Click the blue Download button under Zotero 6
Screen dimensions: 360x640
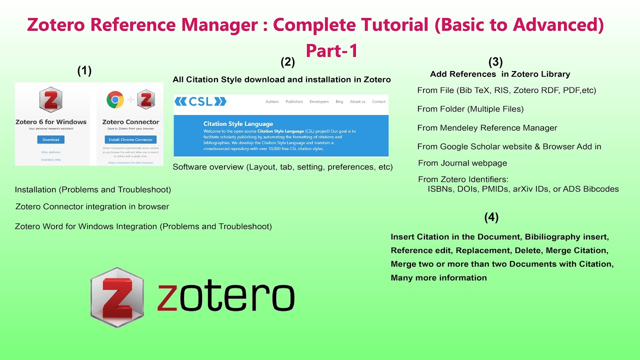tap(50, 139)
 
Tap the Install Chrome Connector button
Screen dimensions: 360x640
tap(130, 139)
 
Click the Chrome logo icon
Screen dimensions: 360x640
tap(115, 100)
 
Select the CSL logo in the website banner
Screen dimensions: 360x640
tap(200, 101)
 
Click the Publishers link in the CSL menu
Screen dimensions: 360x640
tap(294, 101)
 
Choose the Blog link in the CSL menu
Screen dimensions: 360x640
tap(339, 101)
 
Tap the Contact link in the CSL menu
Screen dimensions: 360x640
tap(378, 101)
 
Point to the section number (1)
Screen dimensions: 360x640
tap(84, 71)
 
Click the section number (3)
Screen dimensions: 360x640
tap(495, 62)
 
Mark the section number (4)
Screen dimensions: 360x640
tap(491, 217)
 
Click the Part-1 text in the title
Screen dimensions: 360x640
tap(331, 50)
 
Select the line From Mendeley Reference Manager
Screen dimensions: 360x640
tap(487, 128)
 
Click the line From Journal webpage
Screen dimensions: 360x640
tap(462, 163)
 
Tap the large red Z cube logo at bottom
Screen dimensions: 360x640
tap(117, 297)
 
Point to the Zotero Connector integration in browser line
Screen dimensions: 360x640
tap(92, 206)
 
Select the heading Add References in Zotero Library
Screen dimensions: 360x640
tap(500, 74)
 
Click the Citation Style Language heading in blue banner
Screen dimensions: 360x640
tap(238, 123)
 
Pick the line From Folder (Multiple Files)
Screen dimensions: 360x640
tap(470, 109)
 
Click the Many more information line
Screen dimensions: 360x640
tap(438, 278)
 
